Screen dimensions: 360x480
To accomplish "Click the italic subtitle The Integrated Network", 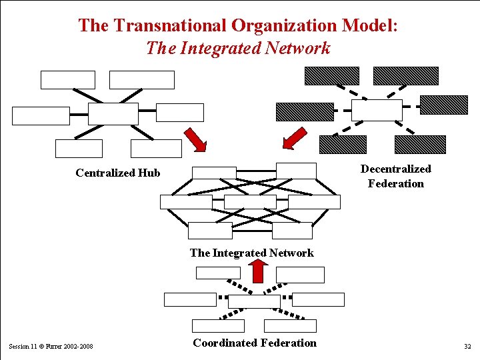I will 238,48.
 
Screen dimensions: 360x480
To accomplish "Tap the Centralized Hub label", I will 118,173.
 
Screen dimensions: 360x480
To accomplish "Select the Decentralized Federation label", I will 395,176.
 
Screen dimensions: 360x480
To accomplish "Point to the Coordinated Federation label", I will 255,343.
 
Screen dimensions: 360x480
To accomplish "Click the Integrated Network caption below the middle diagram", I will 251,253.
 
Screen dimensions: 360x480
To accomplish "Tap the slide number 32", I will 466,347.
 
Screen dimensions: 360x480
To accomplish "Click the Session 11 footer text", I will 51,347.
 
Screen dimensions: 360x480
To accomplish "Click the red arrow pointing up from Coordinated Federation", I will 257,270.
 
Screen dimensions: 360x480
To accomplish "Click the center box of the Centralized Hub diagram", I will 113,113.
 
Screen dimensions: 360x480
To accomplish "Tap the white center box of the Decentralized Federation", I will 377,110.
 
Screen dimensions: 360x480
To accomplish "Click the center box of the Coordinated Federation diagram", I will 254,301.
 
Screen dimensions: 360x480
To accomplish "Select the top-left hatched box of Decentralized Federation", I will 332,76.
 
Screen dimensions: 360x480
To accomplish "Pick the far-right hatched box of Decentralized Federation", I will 443,105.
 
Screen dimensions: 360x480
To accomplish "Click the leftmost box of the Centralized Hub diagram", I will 41,115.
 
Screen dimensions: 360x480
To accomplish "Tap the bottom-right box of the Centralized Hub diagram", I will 156,148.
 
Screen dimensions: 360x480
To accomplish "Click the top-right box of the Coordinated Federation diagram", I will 300,275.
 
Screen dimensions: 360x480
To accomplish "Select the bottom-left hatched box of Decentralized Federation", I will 343,144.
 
